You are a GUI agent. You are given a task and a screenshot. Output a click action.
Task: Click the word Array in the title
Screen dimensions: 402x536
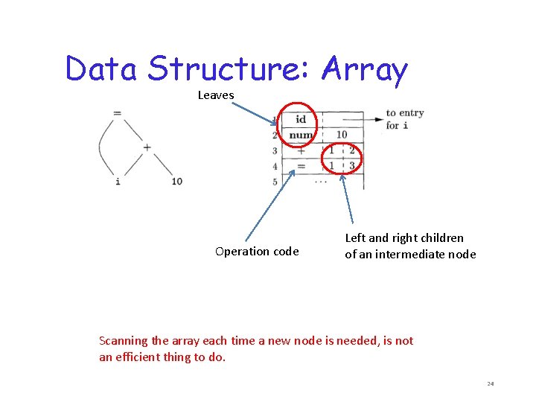365,69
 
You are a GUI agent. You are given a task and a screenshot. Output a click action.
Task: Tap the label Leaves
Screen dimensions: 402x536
216,95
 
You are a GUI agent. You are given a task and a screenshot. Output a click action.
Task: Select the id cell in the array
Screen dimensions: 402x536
301,119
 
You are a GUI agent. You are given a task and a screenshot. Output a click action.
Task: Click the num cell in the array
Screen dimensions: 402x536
301,135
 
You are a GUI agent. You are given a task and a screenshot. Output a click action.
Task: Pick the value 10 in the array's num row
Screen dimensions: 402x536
342,135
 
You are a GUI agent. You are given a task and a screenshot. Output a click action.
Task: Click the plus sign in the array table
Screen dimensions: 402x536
301,150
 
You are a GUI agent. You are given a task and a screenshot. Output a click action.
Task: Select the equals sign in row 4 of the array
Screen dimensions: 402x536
301,166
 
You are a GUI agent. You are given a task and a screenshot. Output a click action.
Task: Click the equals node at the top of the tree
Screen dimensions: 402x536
117,112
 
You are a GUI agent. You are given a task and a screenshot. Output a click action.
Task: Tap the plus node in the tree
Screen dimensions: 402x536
147,147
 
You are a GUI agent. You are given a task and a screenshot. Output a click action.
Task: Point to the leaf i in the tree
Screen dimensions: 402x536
118,181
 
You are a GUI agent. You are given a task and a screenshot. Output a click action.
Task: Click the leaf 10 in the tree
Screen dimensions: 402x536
176,181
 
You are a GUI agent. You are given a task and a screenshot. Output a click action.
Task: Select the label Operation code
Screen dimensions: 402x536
257,252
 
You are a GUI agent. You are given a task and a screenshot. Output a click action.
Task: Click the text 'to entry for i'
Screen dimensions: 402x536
404,119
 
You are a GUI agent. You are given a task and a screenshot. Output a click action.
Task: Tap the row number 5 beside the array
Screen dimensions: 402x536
275,181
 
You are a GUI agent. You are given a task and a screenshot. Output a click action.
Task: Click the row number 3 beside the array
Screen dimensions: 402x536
275,151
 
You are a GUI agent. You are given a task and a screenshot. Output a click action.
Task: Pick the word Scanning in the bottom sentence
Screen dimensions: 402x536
124,341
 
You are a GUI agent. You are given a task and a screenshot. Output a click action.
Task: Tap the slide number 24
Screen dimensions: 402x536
491,383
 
